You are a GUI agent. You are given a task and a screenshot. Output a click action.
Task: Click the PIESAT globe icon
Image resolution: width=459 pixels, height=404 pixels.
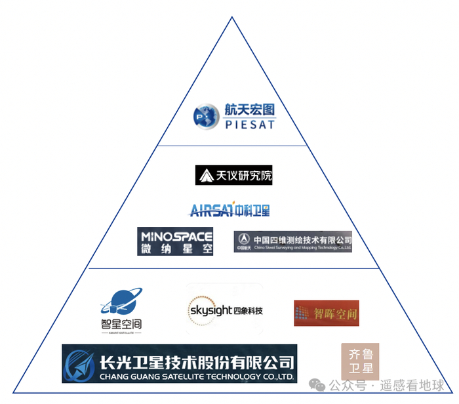click(x=205, y=117)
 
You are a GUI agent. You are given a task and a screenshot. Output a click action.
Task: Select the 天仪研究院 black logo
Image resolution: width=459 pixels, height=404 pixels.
click(x=233, y=175)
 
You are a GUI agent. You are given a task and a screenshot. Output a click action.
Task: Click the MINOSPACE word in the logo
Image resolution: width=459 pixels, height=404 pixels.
click(x=176, y=235)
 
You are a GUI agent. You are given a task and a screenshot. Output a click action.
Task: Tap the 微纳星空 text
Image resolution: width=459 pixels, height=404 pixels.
click(x=176, y=249)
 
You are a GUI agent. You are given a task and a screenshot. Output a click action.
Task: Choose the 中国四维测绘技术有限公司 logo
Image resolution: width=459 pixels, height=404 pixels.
click(x=293, y=241)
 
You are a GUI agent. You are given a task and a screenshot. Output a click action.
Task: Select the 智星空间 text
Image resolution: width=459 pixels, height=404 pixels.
click(x=121, y=323)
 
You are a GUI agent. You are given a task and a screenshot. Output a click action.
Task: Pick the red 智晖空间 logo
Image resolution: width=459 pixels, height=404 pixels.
click(x=327, y=313)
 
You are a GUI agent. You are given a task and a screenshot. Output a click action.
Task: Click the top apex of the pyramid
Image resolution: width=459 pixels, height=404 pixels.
click(x=231, y=17)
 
